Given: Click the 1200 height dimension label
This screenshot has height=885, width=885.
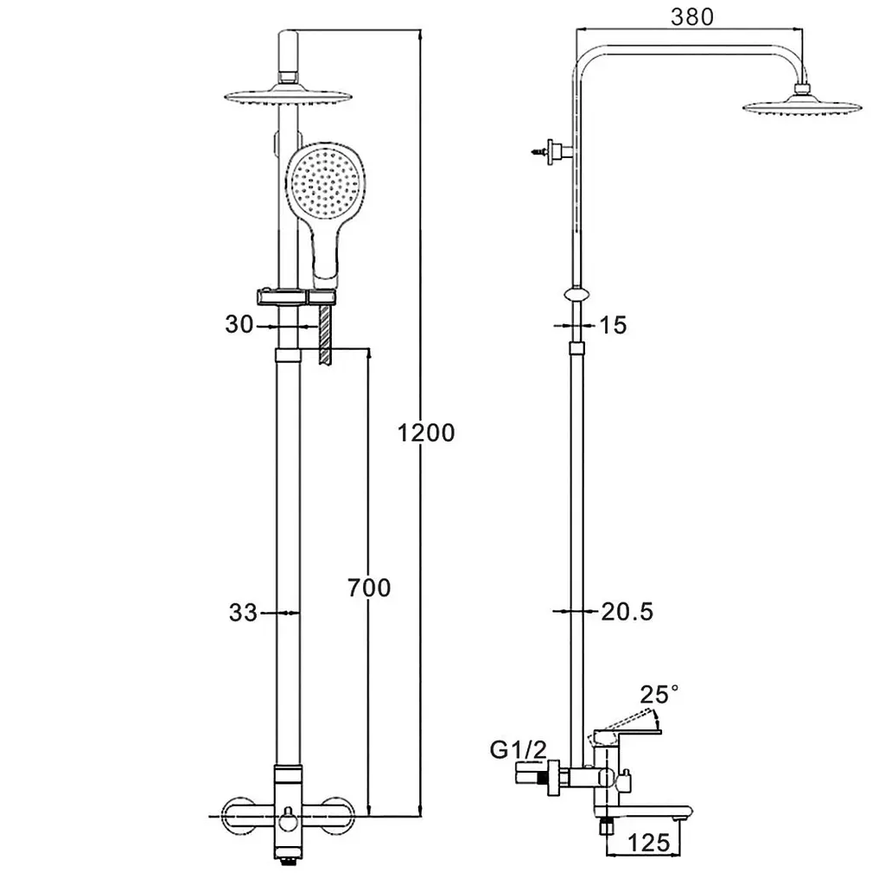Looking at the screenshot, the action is (x=426, y=433).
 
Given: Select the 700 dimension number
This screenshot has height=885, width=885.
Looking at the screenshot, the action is (x=369, y=588).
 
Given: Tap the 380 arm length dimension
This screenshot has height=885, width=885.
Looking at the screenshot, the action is (x=692, y=16).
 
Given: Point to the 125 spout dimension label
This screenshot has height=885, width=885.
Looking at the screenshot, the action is (x=649, y=843).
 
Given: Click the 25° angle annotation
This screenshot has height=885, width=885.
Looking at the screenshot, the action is (x=659, y=694).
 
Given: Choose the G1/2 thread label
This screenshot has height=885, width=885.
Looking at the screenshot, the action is (x=519, y=749).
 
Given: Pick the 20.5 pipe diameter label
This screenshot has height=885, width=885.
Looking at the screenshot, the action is (x=627, y=612).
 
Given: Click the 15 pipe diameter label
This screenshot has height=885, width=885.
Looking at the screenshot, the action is (x=613, y=325).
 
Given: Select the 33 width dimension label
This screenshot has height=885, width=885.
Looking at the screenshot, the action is (x=243, y=613).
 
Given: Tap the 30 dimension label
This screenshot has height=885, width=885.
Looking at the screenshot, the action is (x=239, y=325).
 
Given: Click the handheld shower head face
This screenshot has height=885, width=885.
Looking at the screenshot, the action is (x=325, y=181).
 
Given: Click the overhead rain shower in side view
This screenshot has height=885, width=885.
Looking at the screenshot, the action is (x=802, y=105).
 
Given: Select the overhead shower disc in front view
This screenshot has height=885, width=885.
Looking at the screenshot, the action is (x=289, y=96).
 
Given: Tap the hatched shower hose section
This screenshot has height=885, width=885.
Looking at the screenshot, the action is (x=325, y=334).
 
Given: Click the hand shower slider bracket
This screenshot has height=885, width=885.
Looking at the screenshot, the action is (x=297, y=297).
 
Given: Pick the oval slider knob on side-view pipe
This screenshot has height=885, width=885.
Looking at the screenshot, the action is (x=576, y=294).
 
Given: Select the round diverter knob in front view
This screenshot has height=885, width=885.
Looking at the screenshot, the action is (x=289, y=816).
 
